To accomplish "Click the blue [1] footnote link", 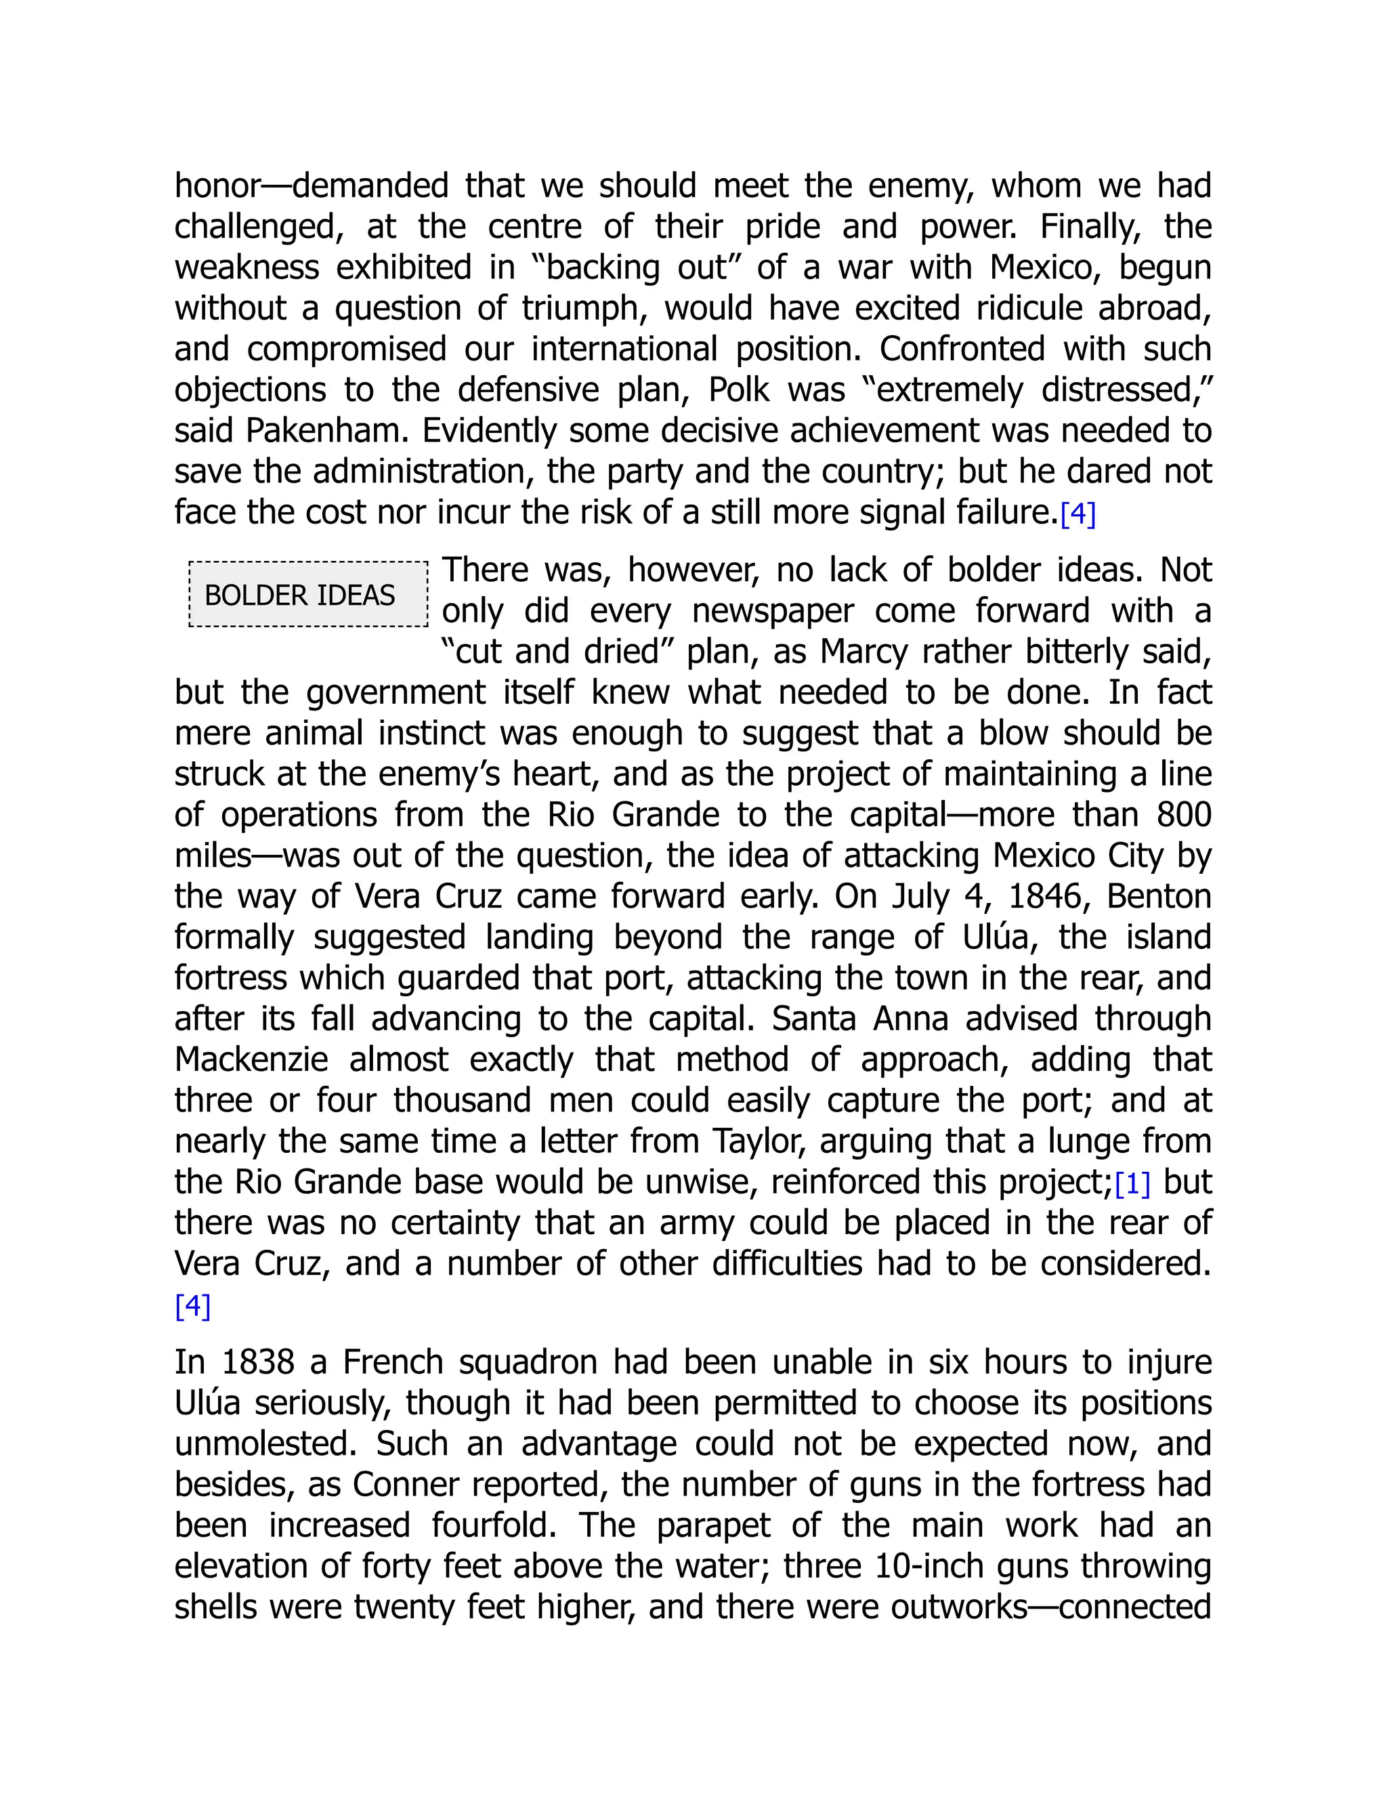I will click(x=1132, y=1184).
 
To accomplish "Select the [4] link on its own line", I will click(x=193, y=1306).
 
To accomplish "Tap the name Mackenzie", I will click(x=251, y=1060).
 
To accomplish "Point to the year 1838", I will click(x=257, y=1363).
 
